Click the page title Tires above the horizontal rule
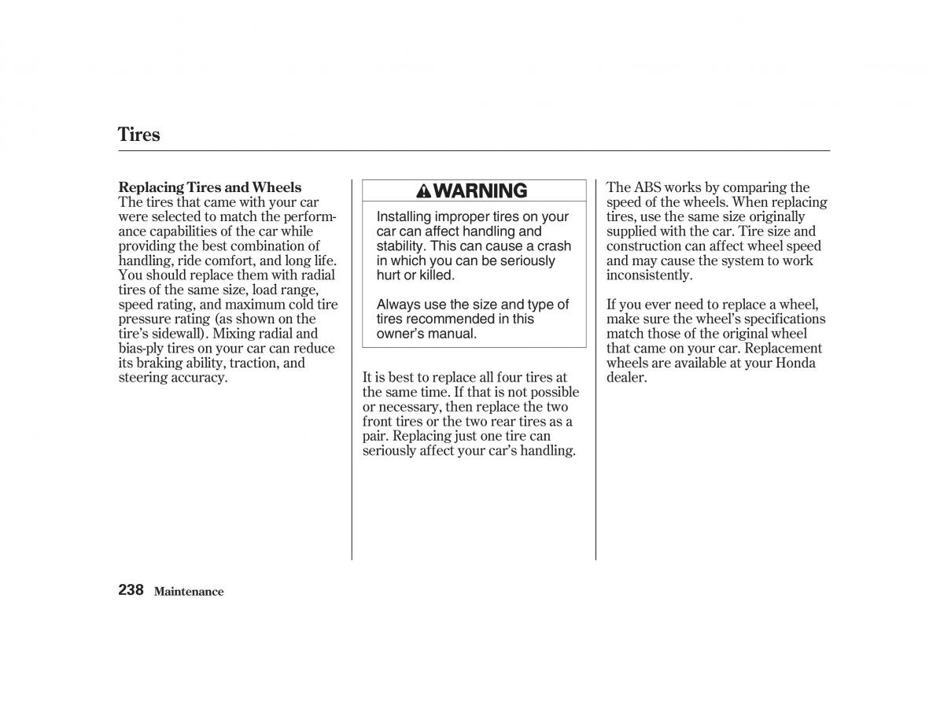139,135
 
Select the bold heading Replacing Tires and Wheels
209,187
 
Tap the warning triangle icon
423,190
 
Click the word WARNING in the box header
480,190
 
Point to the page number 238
131,589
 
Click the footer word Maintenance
189,592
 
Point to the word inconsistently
649,275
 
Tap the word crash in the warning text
554,246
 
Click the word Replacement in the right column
780,349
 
